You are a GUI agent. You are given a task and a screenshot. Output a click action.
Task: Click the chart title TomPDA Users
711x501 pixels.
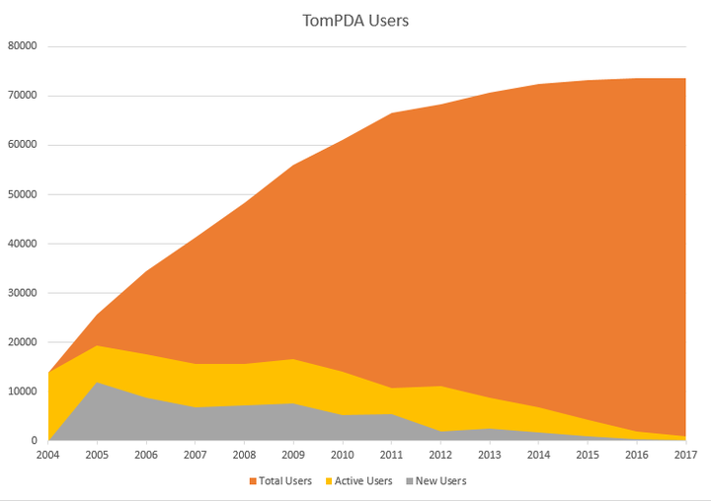point(355,20)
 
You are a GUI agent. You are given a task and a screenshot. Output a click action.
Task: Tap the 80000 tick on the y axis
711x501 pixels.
point(22,46)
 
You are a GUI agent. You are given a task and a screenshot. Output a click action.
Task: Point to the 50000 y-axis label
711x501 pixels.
point(22,194)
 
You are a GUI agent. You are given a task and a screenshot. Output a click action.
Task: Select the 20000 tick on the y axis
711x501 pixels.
point(22,342)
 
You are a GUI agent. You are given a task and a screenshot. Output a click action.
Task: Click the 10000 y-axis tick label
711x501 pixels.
point(22,392)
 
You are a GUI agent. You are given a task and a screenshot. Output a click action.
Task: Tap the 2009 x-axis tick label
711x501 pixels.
point(292,456)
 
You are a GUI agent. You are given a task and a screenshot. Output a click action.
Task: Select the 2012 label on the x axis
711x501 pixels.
point(439,456)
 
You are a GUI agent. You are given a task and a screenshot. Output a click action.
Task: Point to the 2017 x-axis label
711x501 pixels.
point(685,456)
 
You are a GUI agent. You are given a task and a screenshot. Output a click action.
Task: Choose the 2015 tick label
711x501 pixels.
point(587,456)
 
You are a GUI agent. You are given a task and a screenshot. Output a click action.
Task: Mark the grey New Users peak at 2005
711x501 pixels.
point(96,383)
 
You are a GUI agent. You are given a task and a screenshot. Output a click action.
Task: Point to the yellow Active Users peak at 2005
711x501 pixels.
point(96,346)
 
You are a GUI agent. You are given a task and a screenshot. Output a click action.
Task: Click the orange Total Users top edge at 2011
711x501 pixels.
point(391,114)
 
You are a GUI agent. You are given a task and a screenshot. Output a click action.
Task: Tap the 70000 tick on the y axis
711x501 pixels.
point(22,96)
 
